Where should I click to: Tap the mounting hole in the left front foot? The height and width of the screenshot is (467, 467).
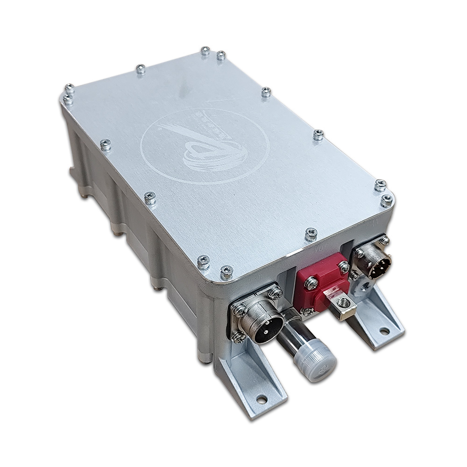pyautogui.click(x=262, y=399)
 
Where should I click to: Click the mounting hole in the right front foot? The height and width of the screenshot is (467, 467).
pyautogui.click(x=384, y=331)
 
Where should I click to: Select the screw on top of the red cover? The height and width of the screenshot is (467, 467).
pyautogui.click(x=311, y=283)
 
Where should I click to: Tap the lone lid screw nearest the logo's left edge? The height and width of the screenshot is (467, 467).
pyautogui.click(x=106, y=145)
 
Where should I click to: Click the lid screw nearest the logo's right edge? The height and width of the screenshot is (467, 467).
pyautogui.click(x=318, y=135)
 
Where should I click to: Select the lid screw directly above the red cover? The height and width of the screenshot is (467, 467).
pyautogui.click(x=311, y=234)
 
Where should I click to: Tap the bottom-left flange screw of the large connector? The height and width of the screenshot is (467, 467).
pyautogui.click(x=238, y=335)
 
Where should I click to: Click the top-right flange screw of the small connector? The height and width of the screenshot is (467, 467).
pyautogui.click(x=384, y=241)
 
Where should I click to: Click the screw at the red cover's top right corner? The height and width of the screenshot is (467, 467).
pyautogui.click(x=344, y=267)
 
